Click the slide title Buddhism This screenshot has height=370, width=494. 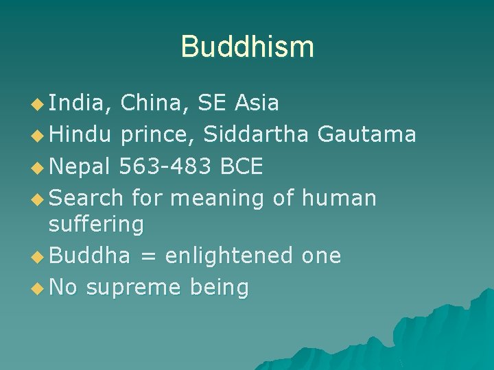coord(247,47)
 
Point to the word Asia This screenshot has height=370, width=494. coord(257,103)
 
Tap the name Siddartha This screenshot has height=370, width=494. coord(257,134)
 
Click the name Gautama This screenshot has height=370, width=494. coord(367,134)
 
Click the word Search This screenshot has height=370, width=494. coord(86,198)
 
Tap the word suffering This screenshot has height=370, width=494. coord(96,224)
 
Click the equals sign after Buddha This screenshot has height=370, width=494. coord(148,256)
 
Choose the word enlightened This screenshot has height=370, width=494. coord(229,256)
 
